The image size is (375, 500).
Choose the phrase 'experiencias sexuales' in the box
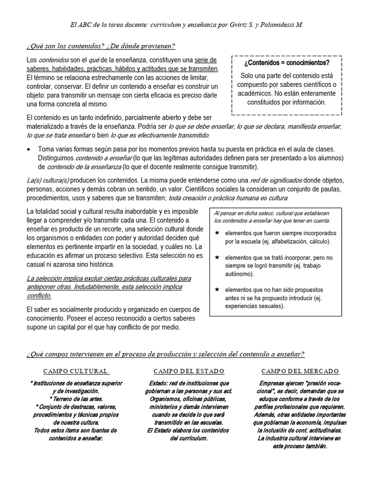click(254, 306)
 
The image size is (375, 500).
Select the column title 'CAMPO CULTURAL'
click(76, 371)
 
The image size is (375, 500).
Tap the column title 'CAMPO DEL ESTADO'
click(188, 371)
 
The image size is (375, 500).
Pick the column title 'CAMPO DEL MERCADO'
click(300, 371)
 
